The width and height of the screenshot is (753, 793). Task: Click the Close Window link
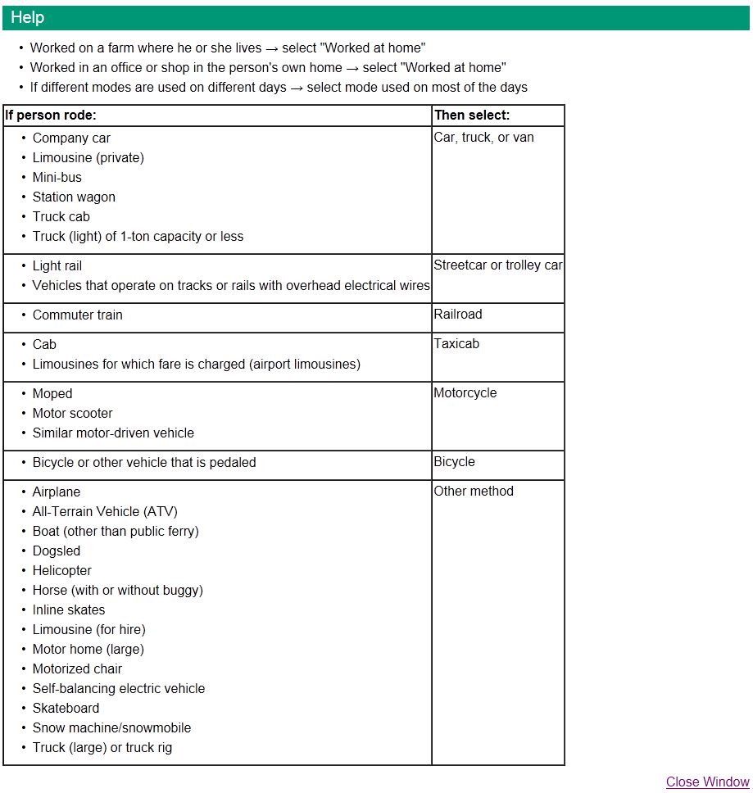[707, 782]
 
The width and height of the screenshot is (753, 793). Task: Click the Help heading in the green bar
[28, 17]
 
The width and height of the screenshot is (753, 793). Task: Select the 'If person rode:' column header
[51, 116]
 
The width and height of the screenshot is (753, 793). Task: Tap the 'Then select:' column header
[472, 116]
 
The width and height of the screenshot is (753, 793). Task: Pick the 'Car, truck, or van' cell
[483, 138]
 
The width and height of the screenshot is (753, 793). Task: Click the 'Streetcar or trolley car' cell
[497, 265]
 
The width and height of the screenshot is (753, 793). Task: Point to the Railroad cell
[458, 315]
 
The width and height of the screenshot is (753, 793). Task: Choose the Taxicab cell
[456, 344]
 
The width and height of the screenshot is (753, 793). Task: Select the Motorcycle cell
[465, 393]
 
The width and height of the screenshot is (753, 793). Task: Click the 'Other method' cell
[474, 492]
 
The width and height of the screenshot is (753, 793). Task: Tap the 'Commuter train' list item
[78, 315]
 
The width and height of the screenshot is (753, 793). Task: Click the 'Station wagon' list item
[74, 197]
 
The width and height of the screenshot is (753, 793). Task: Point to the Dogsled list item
[57, 551]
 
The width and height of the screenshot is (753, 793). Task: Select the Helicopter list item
[62, 571]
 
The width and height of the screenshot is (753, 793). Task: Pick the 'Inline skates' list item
[69, 610]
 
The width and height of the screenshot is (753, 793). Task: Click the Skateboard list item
[66, 709]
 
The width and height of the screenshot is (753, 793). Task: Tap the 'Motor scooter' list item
[73, 414]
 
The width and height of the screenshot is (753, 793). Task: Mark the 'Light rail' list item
[57, 266]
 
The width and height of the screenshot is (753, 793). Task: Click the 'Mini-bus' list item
[57, 178]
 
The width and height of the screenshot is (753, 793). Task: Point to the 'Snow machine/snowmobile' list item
[111, 728]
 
